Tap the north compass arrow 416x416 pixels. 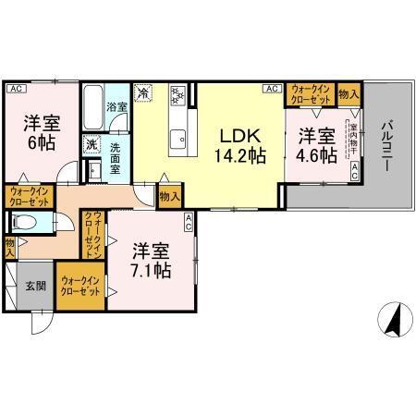(x=392, y=321)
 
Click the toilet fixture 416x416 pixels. (x=26, y=222)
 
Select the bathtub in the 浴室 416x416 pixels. (x=92, y=109)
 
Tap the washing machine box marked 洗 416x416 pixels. (x=91, y=144)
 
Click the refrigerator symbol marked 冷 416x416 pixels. (x=144, y=92)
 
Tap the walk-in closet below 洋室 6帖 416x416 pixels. (x=31, y=196)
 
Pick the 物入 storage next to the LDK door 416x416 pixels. (x=169, y=195)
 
